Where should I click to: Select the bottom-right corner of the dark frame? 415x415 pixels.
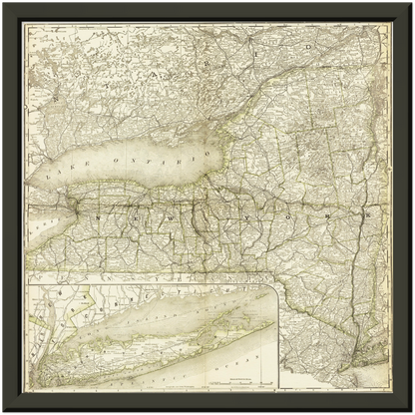(x=411, y=411)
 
